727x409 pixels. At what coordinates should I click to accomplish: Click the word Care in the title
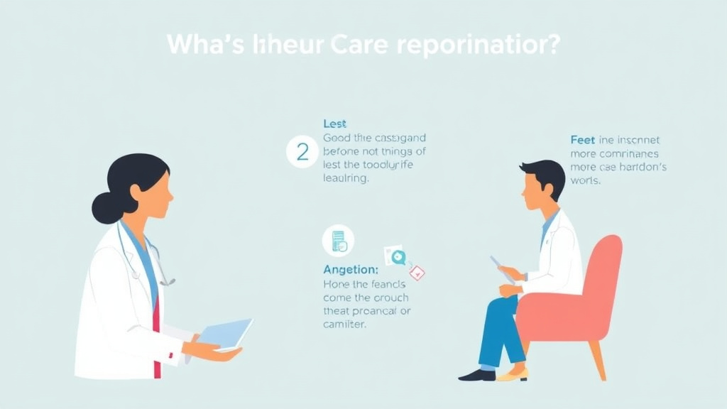coord(361,44)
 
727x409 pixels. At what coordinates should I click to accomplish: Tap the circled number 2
coord(302,153)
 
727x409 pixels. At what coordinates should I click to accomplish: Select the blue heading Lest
coord(334,124)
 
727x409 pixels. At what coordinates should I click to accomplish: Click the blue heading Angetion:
coord(351,270)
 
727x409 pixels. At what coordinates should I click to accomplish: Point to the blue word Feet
coord(583,140)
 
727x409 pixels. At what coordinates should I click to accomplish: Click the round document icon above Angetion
coord(338,241)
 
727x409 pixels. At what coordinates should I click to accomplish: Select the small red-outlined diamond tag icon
coord(417,271)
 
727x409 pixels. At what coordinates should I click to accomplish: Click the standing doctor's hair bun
coord(105,207)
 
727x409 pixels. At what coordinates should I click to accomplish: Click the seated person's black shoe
coord(476,373)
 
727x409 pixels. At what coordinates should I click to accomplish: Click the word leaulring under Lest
coord(346,179)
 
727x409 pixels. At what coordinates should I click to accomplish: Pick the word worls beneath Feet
coord(586,180)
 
